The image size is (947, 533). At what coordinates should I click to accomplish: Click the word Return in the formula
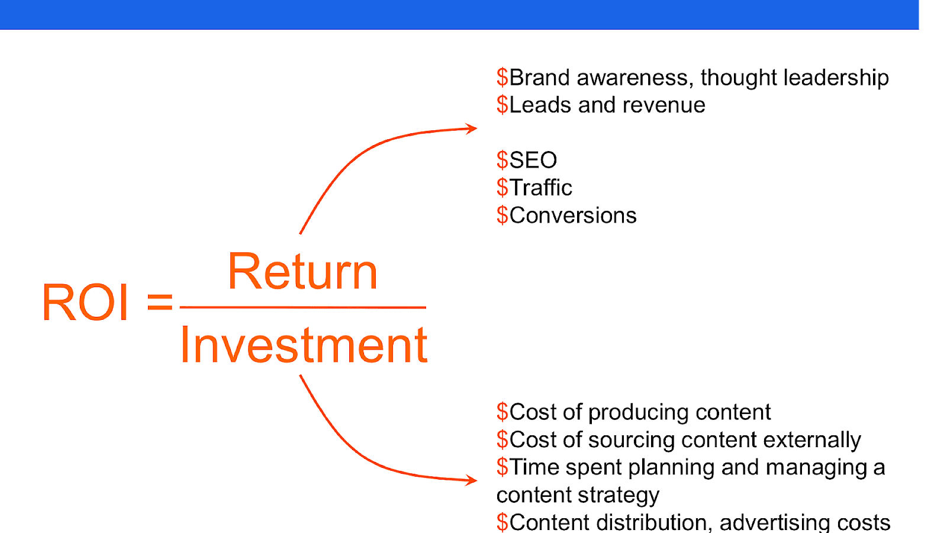pos(302,271)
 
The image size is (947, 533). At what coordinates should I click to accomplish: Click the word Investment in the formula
pos(304,345)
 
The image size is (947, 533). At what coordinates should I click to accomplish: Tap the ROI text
pos(85,303)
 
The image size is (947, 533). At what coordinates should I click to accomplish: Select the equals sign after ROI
pos(160,302)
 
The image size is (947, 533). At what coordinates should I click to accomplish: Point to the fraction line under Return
pos(302,307)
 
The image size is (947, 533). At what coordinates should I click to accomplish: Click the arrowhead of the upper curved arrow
pos(471,128)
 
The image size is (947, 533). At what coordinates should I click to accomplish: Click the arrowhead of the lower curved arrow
pos(471,480)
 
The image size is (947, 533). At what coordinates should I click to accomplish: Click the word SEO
pos(533,160)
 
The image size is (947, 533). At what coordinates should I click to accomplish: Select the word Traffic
pos(541,187)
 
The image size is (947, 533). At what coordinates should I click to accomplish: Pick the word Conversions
pos(573,216)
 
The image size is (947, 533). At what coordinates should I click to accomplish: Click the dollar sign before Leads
pos(503,105)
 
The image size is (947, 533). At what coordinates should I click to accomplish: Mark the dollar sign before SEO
pos(503,160)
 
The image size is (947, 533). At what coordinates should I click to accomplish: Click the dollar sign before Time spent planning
pos(503,467)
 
